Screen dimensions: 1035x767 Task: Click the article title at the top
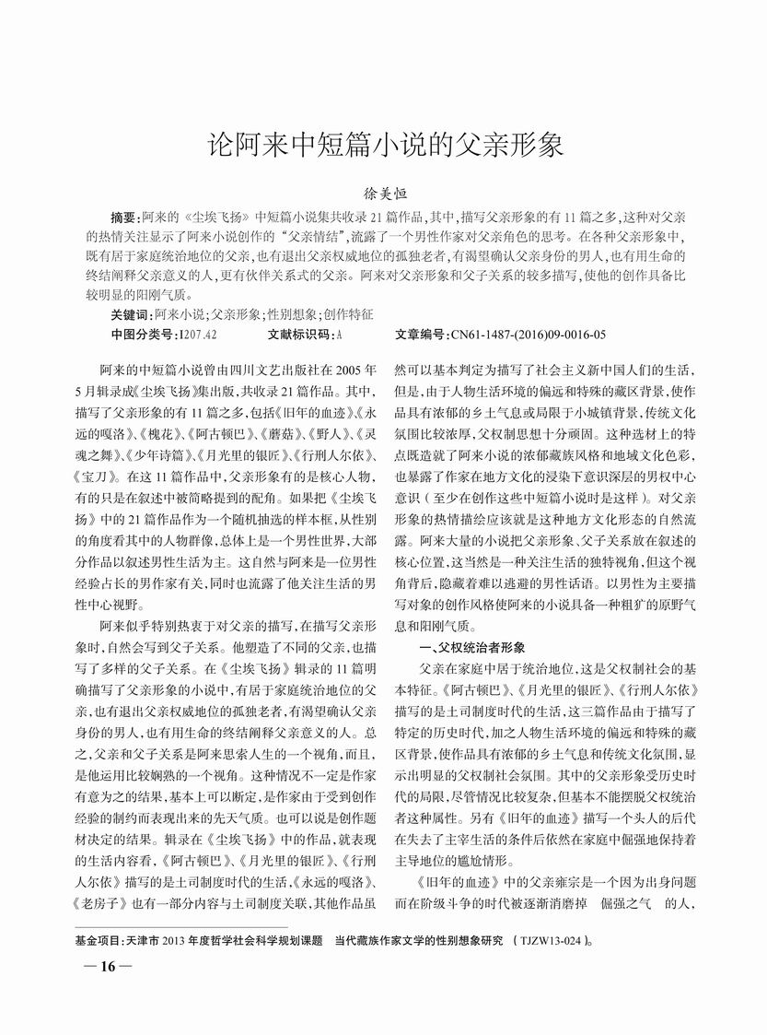pyautogui.click(x=383, y=145)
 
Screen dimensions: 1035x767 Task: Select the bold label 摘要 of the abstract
pyautogui.click(x=123, y=218)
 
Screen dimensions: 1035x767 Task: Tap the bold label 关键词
pyautogui.click(x=130, y=314)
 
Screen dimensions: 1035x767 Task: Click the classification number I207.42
pyautogui.click(x=198, y=334)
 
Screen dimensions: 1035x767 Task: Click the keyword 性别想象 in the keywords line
pyautogui.click(x=292, y=314)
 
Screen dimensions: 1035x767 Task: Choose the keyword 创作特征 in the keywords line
pyautogui.click(x=349, y=314)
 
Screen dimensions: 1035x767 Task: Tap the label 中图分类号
pyautogui.click(x=143, y=334)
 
